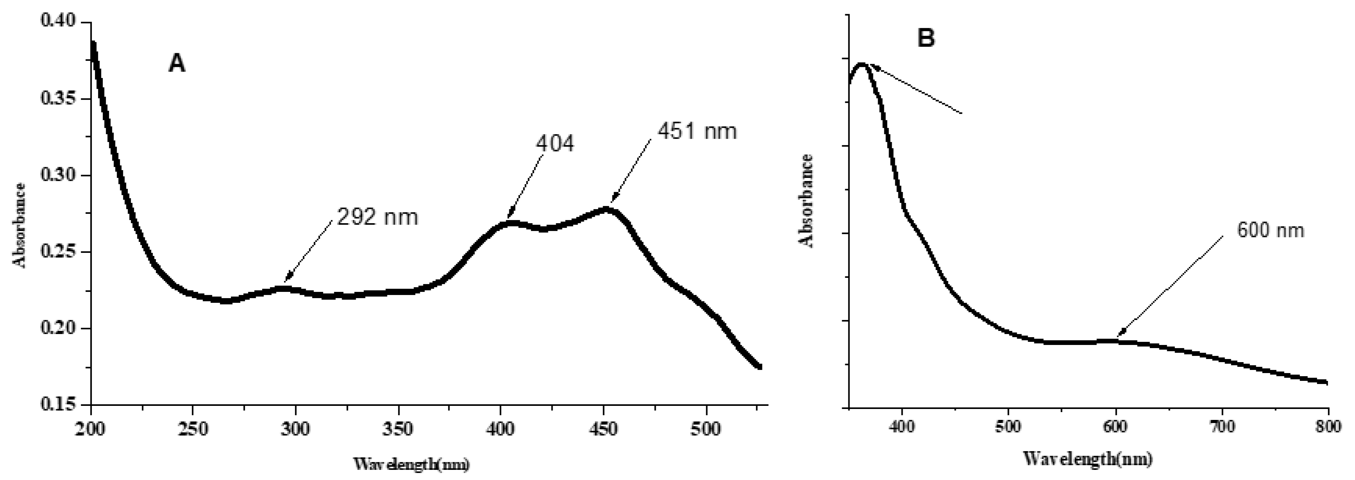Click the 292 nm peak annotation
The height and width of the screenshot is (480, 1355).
[377, 217]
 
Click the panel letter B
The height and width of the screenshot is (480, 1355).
[926, 38]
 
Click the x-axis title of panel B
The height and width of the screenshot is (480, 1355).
[1088, 459]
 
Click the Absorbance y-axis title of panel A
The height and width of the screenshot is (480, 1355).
[20, 225]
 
